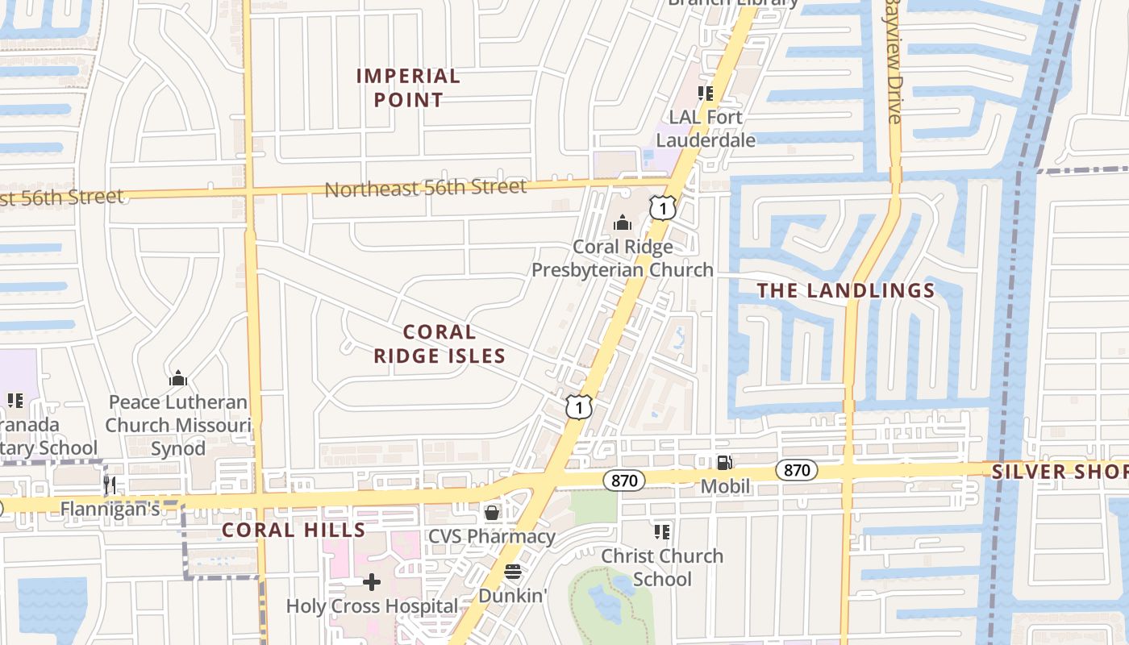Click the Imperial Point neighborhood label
coord(409,88)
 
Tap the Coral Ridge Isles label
coord(440,343)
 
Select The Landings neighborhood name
coord(846,290)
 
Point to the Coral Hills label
coord(294,530)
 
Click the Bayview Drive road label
coord(893,60)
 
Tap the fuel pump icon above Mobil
coord(724,463)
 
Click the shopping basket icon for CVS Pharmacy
coord(491,512)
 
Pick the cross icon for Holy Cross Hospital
coord(371,581)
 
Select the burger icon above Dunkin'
coord(513,572)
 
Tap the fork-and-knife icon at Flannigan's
coord(110,485)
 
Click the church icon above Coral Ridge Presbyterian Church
coord(623,222)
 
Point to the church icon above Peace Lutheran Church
coord(178,377)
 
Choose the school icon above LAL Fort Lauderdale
coord(706,94)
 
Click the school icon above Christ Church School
coord(662,531)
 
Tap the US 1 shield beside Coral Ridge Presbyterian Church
coord(662,208)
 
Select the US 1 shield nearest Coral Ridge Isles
coord(579,406)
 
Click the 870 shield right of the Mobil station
coord(797,470)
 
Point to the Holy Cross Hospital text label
coord(372,605)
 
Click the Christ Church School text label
coord(662,568)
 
